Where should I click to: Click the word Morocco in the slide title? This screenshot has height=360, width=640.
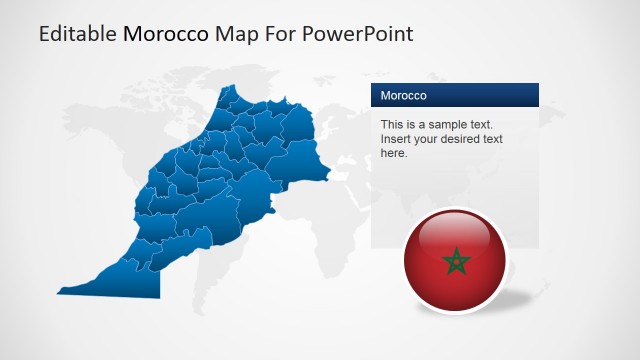tap(166, 34)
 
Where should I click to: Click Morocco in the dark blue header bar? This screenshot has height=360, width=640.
tap(404, 96)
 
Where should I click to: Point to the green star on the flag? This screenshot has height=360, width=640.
tap(456, 263)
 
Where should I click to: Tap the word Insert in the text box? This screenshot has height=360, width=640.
tap(397, 140)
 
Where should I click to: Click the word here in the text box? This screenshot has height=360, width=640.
tap(394, 154)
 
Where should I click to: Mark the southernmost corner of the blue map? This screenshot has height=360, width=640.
tap(159, 296)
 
